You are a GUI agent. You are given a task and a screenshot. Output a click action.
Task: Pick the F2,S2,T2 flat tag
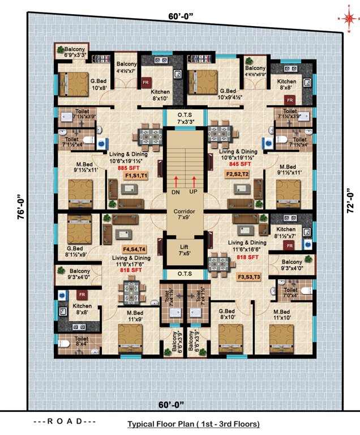[237, 174]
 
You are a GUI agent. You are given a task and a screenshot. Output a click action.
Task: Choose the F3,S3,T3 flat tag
[250, 276]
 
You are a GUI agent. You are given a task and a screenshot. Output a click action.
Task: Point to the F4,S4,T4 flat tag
[134, 249]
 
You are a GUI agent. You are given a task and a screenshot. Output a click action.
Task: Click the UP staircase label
[194, 193]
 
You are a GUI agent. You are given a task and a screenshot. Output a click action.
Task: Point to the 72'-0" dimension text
[348, 201]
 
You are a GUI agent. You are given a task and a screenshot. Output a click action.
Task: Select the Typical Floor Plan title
[194, 423]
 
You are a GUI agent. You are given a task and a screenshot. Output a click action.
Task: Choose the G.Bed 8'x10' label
[230, 314]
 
